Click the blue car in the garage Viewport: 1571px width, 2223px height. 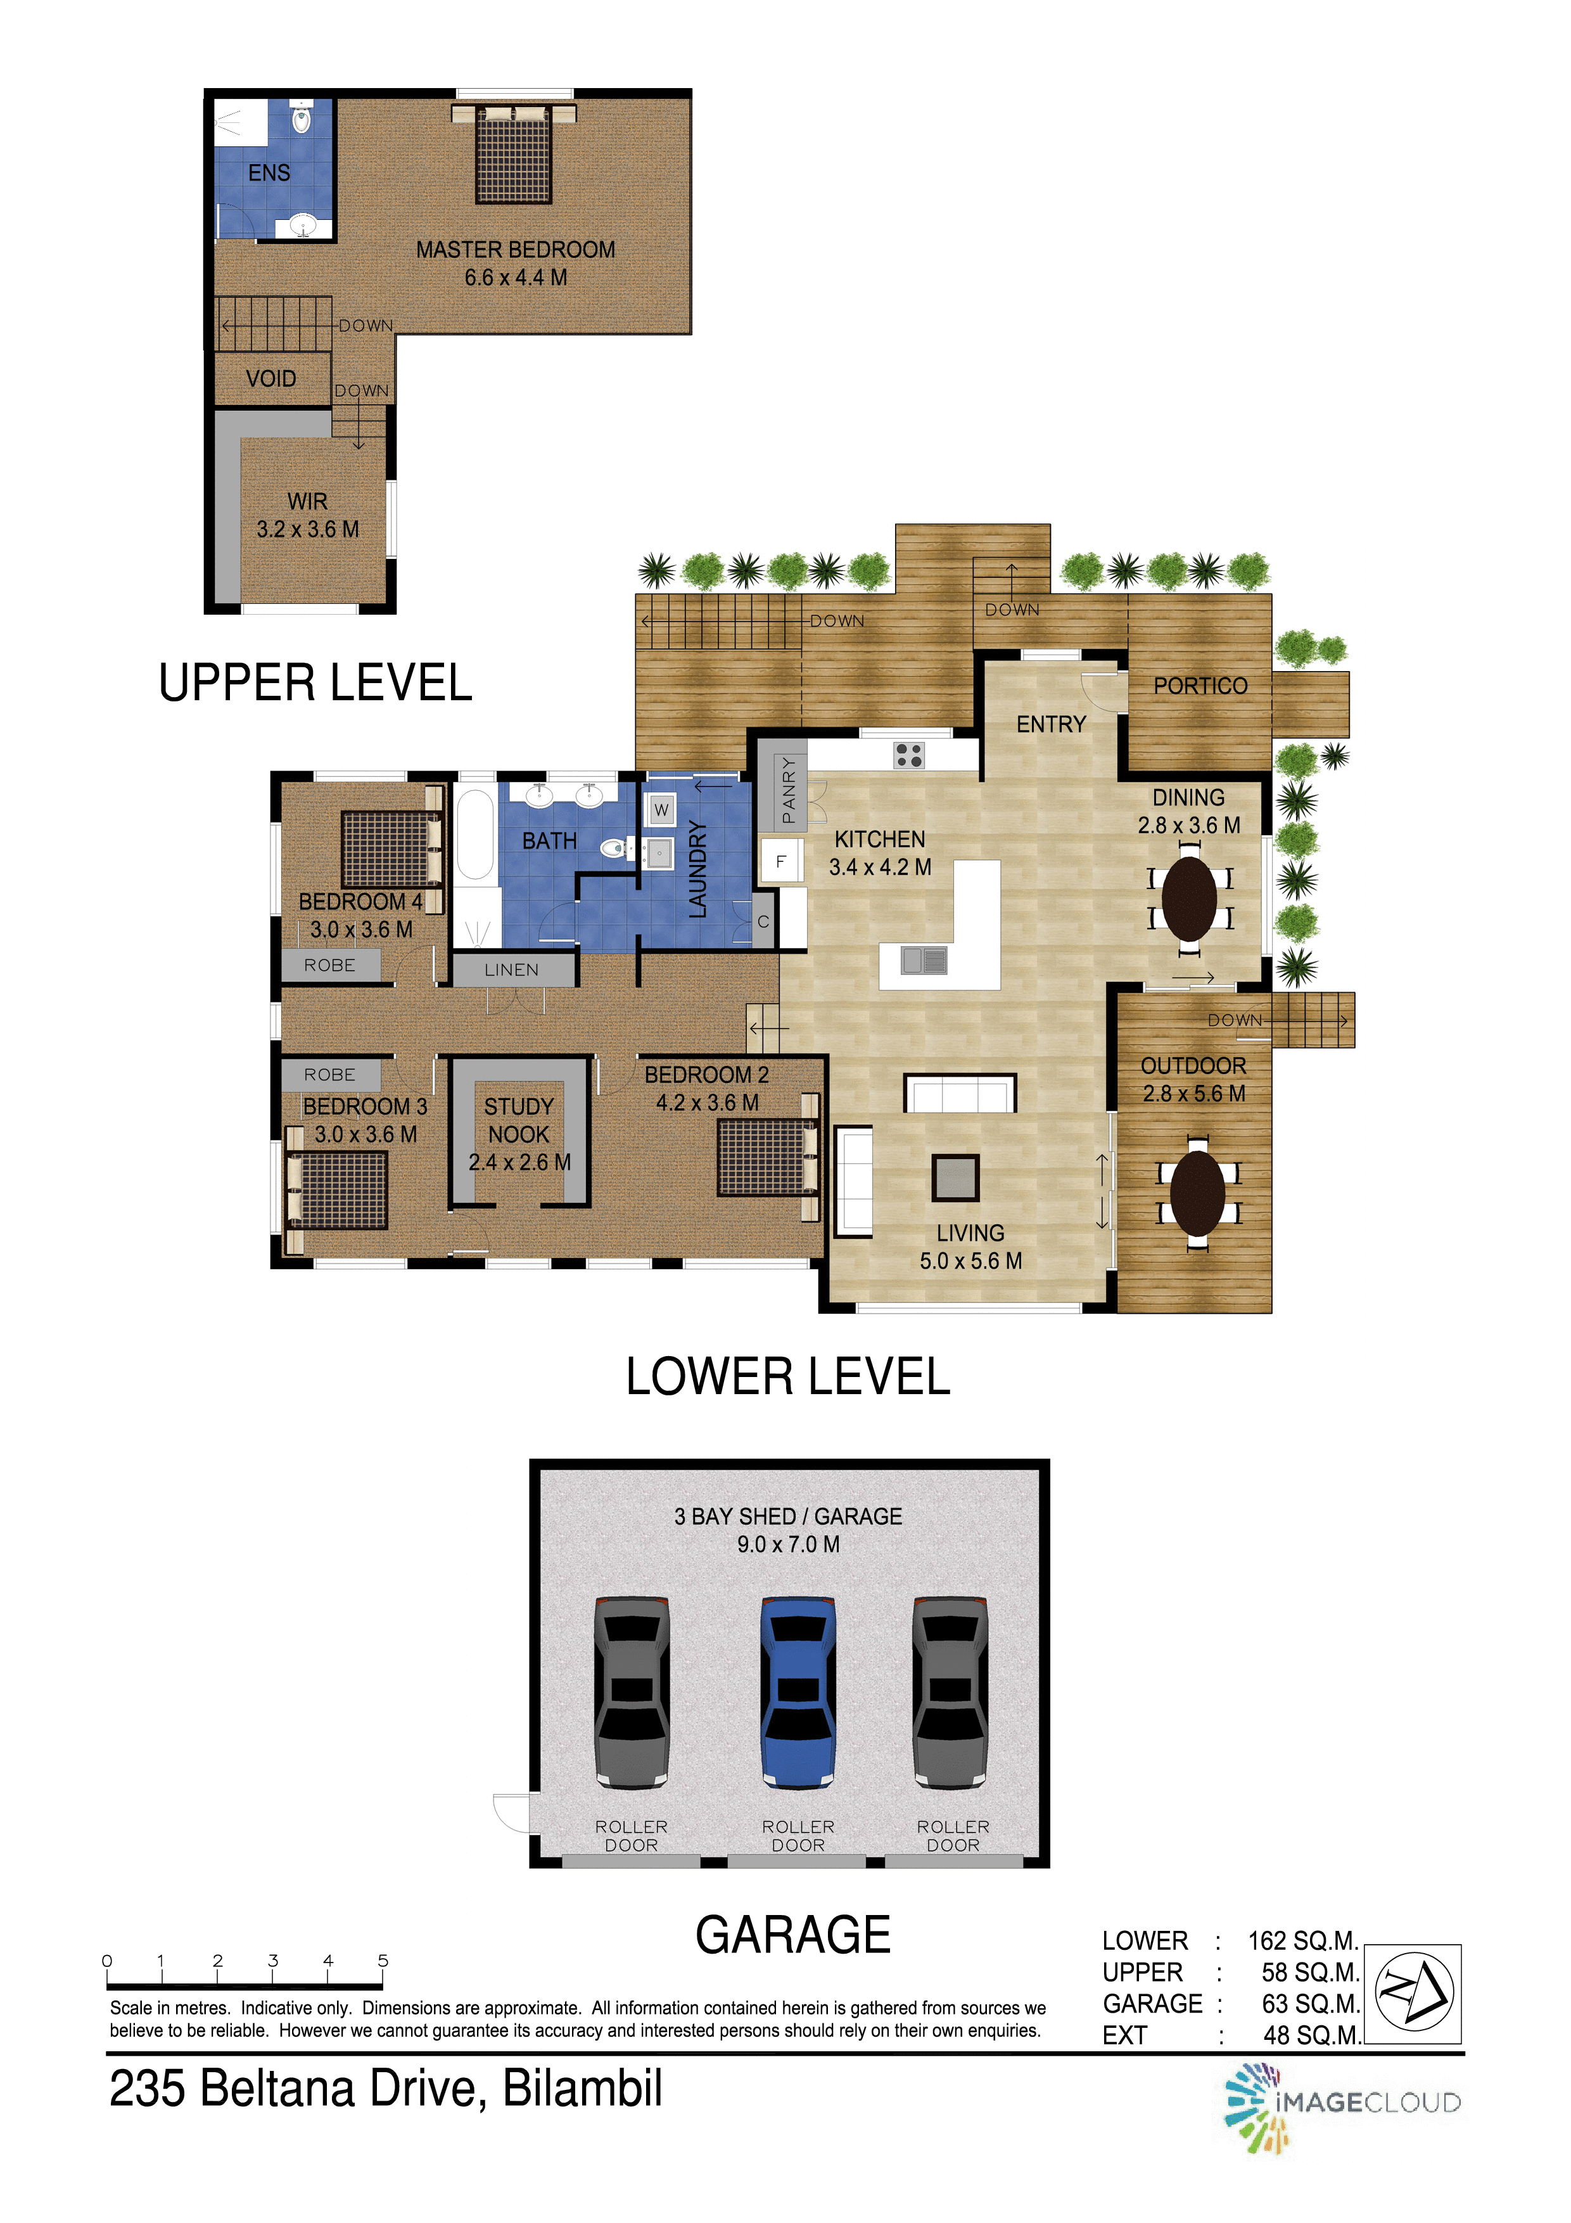(x=799, y=1691)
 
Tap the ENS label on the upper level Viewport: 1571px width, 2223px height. (x=269, y=172)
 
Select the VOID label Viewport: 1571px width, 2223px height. (x=271, y=378)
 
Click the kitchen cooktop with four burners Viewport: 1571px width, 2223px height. (x=909, y=755)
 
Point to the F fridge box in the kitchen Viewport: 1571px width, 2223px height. (x=781, y=861)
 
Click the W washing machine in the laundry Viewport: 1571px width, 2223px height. (x=661, y=809)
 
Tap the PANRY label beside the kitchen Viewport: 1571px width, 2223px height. (x=788, y=790)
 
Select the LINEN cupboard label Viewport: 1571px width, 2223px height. (x=512, y=969)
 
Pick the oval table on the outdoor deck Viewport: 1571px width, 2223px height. (x=1199, y=1193)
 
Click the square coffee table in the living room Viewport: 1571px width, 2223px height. (x=955, y=1178)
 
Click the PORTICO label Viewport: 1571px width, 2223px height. (x=1200, y=686)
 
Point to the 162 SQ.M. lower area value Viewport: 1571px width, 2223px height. (x=1304, y=1941)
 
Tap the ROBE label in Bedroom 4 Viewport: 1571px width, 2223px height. (x=330, y=965)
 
